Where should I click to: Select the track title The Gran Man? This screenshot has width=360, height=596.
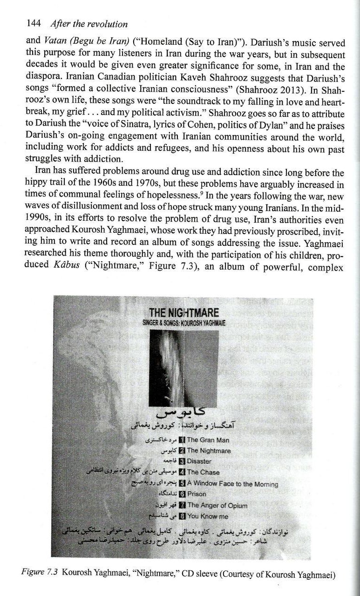pos(208,440)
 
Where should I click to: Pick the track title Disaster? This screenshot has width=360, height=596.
pos(199,461)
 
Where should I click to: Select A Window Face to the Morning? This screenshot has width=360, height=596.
pos(232,483)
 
